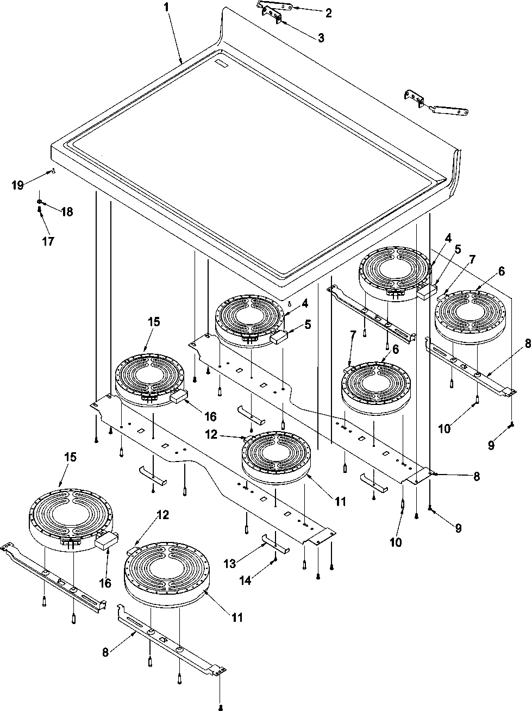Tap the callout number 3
tap(321, 38)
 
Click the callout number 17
tap(48, 241)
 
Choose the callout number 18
tap(66, 211)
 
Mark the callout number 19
tap(18, 185)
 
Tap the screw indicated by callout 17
tap(41, 211)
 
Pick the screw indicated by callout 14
tap(276, 558)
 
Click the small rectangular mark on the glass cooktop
tap(222, 64)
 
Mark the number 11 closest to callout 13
tap(340, 501)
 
